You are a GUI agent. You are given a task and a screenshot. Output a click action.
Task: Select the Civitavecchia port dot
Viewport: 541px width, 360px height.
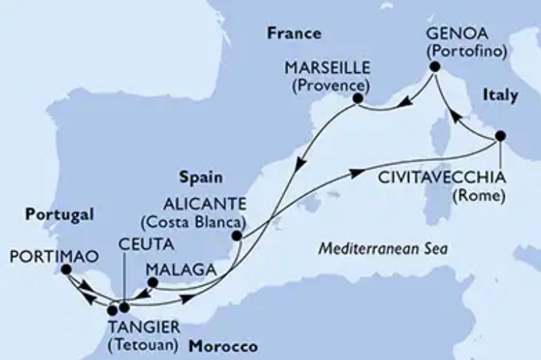500,135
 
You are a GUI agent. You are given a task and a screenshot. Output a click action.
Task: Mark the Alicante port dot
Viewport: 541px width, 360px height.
237,236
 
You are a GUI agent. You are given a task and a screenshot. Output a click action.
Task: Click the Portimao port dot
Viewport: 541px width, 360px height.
66,269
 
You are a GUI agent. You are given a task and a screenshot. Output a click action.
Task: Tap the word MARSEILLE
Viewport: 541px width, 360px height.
327,70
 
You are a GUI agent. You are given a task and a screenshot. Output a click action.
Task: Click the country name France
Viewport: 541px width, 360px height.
293,33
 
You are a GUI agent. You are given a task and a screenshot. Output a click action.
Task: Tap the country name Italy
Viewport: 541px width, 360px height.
500,95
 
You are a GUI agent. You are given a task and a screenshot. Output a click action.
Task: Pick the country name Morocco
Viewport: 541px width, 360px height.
223,346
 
